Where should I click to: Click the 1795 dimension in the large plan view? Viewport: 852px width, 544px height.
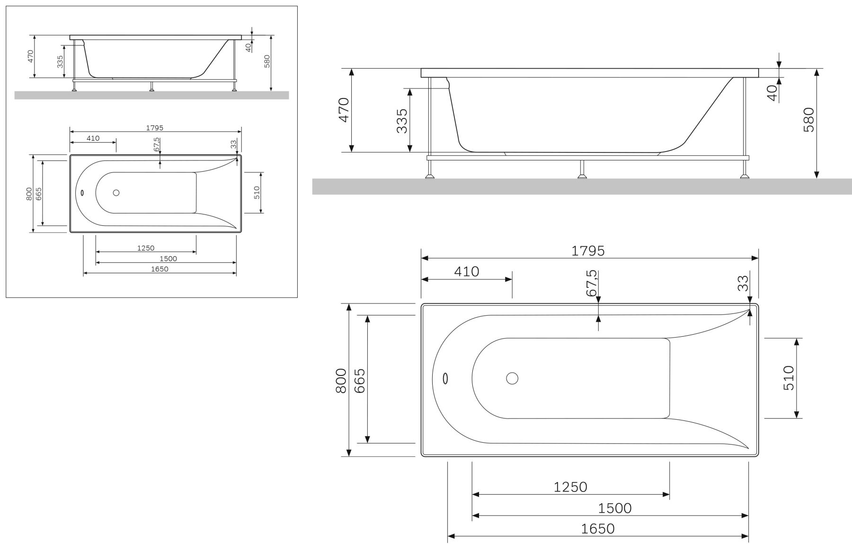click(x=588, y=250)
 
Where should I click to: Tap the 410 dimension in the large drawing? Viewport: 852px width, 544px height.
click(x=467, y=272)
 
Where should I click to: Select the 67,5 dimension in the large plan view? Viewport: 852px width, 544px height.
click(x=592, y=283)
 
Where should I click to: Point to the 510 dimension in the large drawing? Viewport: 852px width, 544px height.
click(x=789, y=377)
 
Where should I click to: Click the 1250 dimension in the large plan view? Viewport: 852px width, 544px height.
click(x=570, y=487)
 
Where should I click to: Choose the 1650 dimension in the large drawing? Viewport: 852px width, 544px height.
click(x=598, y=528)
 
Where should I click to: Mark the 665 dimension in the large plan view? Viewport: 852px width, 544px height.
click(x=359, y=381)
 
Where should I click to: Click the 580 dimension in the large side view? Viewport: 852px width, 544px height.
click(x=809, y=120)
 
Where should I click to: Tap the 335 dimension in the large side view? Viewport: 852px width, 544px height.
click(x=402, y=121)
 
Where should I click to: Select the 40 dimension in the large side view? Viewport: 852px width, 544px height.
click(x=772, y=92)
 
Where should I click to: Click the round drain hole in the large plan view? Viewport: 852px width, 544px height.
click(x=512, y=378)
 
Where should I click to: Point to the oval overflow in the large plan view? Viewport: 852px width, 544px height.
click(x=445, y=378)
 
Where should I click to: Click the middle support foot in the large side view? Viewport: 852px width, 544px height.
click(x=582, y=176)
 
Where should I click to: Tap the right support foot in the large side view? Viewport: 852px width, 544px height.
click(x=745, y=176)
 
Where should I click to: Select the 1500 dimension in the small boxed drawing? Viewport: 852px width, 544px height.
click(x=168, y=259)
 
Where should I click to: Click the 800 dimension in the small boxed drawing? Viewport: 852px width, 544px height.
click(x=29, y=194)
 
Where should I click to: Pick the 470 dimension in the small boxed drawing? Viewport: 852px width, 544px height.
click(x=31, y=56)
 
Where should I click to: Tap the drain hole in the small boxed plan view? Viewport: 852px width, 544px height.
click(x=116, y=193)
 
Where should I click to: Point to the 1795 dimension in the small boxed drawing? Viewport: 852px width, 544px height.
click(x=154, y=128)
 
